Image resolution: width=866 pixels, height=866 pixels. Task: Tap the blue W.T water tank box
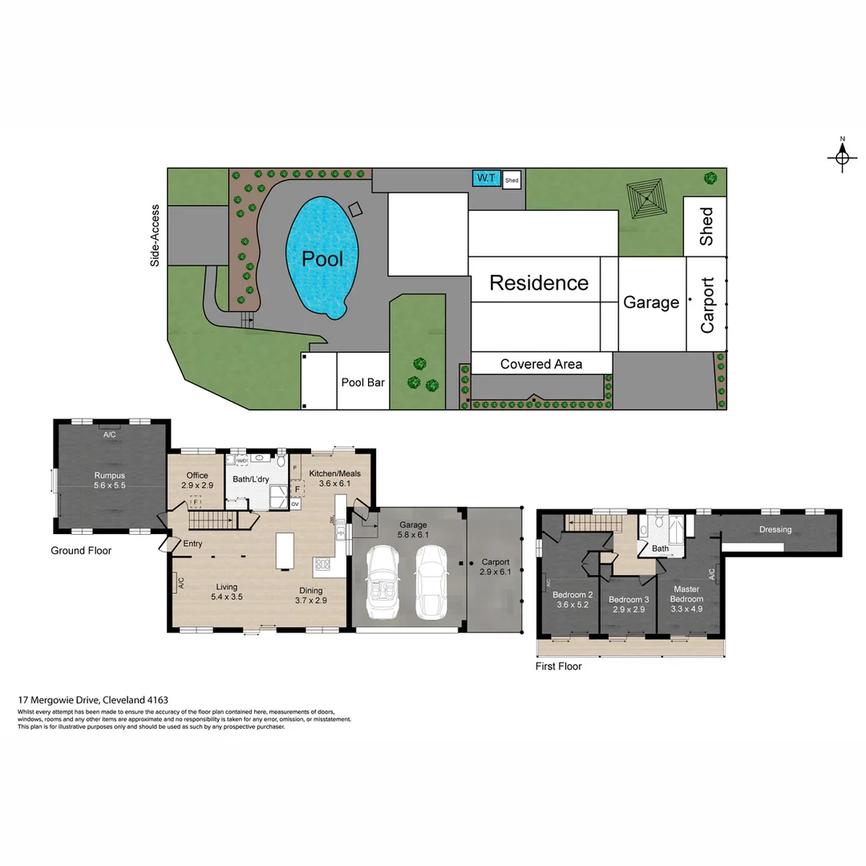click(485, 178)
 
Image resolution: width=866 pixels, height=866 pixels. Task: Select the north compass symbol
click(842, 158)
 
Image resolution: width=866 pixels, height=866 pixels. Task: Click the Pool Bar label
click(363, 382)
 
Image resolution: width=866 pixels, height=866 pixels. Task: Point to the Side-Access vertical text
click(156, 236)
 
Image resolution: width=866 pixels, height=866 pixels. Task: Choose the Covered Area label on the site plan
click(541, 364)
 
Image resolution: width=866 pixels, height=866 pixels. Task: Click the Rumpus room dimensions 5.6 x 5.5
click(110, 485)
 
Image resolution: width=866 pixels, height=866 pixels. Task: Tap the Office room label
click(197, 475)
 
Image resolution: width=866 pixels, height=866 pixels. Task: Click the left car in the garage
click(381, 582)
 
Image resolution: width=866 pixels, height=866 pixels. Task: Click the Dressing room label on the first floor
click(775, 529)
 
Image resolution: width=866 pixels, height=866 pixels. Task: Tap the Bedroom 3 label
click(629, 600)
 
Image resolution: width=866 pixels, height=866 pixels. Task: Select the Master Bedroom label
click(686, 594)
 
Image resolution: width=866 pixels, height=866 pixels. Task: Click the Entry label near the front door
click(192, 544)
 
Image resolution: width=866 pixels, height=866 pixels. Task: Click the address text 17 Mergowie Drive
click(93, 700)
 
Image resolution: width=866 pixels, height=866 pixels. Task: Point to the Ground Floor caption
click(81, 551)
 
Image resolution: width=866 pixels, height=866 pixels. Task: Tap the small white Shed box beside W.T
click(512, 180)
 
